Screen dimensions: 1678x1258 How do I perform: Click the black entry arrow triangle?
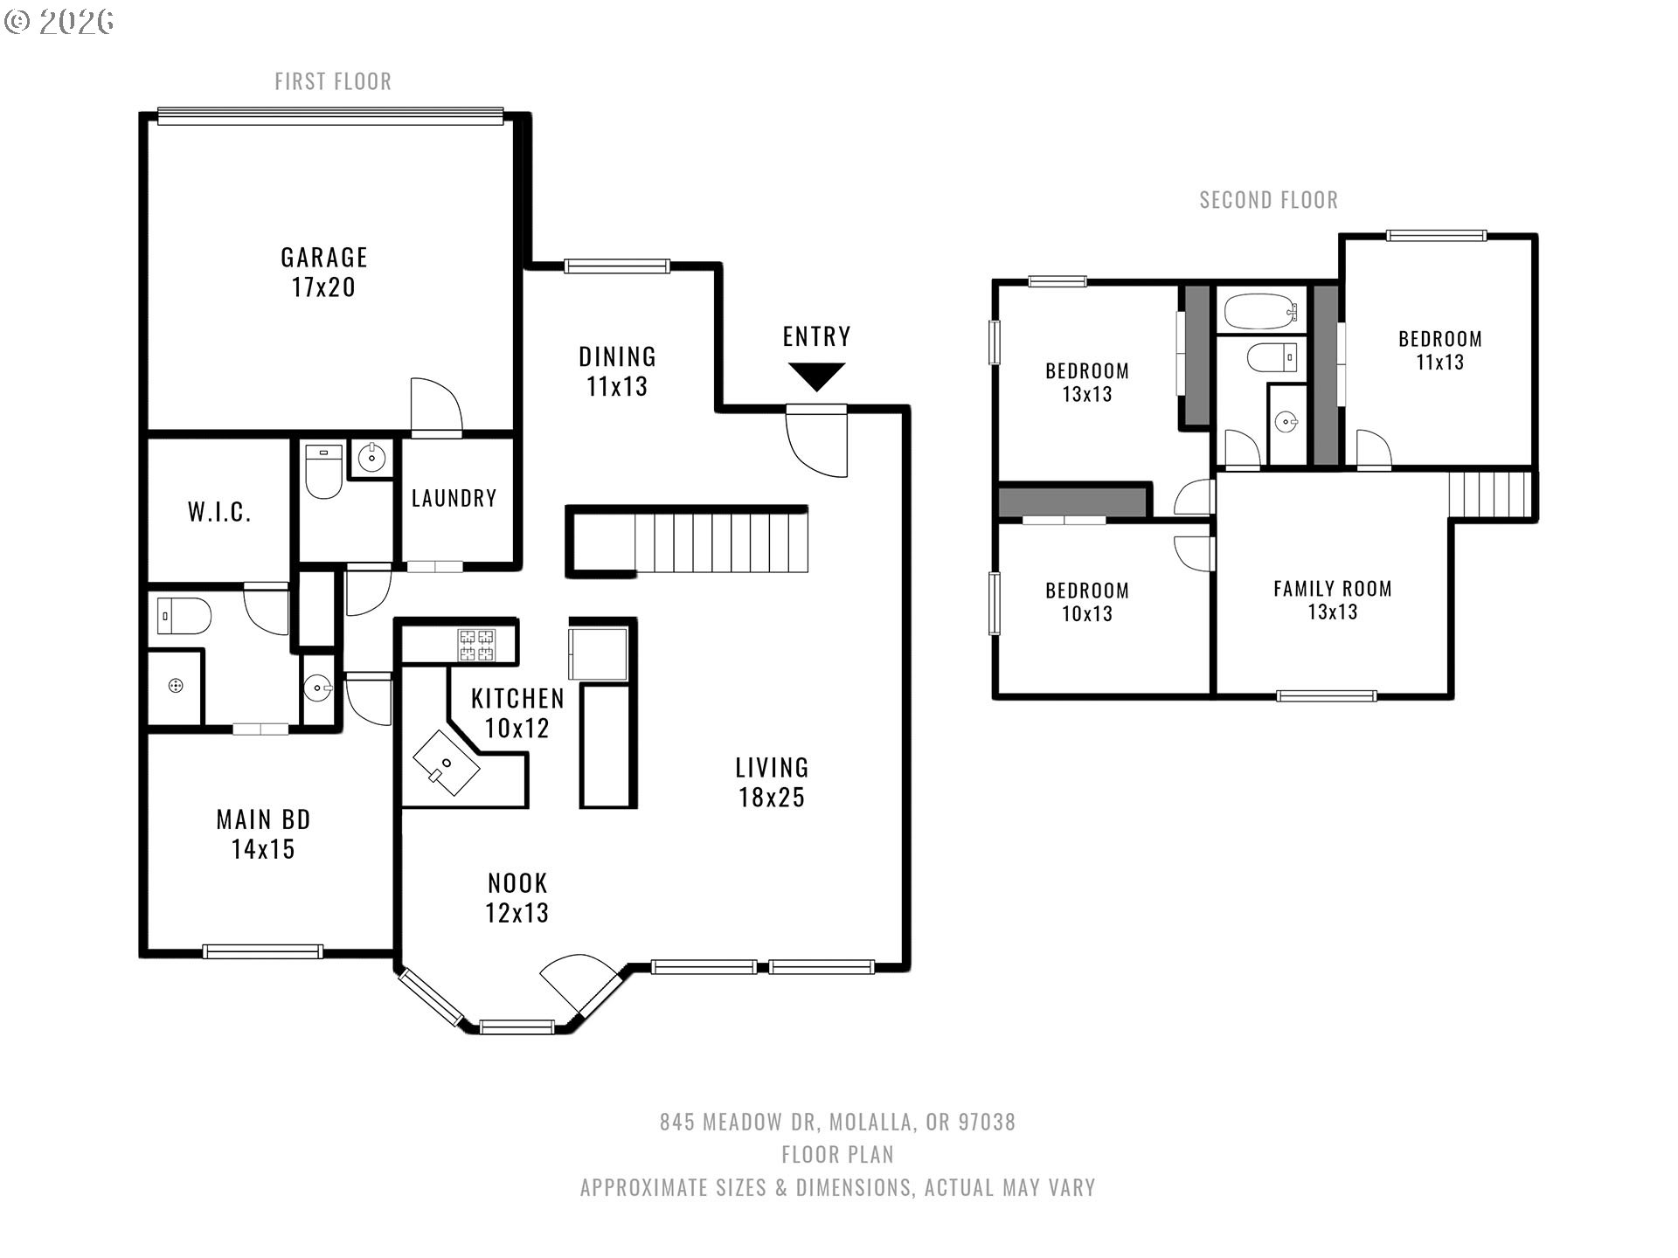point(816,376)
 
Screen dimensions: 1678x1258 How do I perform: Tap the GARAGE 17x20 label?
point(323,272)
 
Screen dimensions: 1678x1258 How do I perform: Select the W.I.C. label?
point(219,512)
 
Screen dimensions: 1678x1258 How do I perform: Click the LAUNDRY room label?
point(454,498)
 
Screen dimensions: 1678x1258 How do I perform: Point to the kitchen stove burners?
point(477,645)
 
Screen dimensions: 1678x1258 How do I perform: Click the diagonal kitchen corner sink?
point(447,762)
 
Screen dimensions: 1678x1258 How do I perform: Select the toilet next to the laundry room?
point(323,472)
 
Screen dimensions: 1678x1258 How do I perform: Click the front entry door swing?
point(817,441)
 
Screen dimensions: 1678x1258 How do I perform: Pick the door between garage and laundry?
point(436,406)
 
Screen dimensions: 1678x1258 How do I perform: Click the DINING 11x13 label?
point(617,371)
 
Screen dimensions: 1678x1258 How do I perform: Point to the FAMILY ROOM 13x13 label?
point(1332,600)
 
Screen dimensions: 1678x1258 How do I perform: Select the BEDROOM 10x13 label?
point(1087,602)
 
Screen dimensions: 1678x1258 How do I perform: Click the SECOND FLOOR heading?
point(1268,200)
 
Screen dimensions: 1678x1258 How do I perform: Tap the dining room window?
point(617,266)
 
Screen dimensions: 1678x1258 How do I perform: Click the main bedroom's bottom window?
point(263,951)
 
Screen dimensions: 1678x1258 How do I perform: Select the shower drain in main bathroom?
point(176,686)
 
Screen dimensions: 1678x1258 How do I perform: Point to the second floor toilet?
point(1272,357)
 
